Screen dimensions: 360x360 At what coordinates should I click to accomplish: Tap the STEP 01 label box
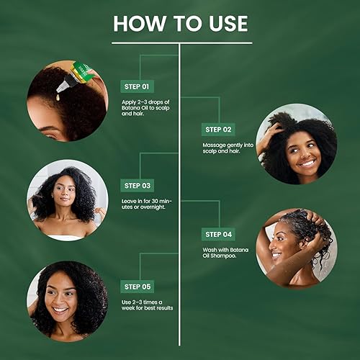pyautogui.click(x=137, y=86)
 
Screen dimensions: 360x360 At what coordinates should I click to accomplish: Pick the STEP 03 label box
pyautogui.click(x=137, y=186)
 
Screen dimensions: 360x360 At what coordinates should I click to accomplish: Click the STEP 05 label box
pyautogui.click(x=137, y=287)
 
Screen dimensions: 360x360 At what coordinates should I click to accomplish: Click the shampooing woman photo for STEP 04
pyautogui.click(x=296, y=248)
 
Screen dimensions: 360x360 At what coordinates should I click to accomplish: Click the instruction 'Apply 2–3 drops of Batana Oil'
pyautogui.click(x=148, y=108)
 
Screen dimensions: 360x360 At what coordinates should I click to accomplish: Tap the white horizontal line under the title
pyautogui.click(x=180, y=42)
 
